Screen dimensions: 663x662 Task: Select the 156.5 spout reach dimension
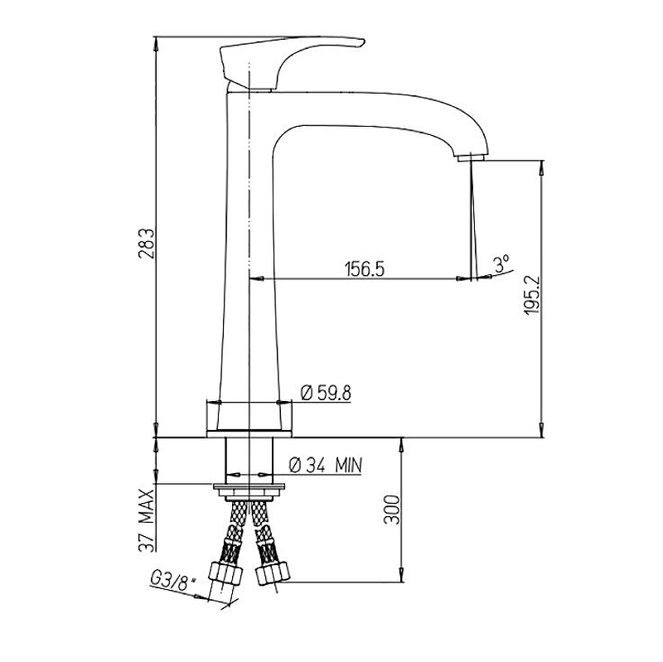[x=365, y=268]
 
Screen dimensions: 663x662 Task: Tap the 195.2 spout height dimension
[x=531, y=295]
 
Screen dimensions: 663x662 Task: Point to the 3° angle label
[x=501, y=263]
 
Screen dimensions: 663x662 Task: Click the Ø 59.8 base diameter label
[x=326, y=394]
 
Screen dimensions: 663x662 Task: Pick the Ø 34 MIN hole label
[x=325, y=466]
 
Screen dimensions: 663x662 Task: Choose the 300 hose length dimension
[x=391, y=510]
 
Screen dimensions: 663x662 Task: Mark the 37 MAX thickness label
[x=147, y=520]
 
